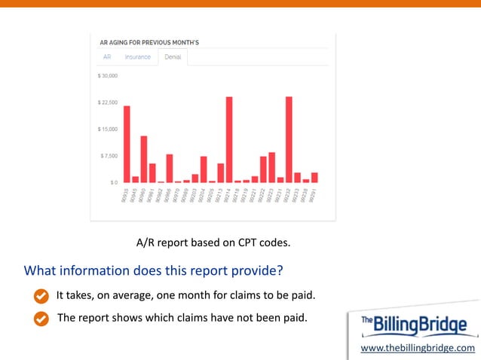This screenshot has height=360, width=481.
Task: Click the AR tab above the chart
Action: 107,57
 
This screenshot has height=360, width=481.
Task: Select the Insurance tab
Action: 137,57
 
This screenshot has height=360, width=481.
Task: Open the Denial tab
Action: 173,57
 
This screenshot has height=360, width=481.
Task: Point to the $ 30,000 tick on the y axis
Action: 107,76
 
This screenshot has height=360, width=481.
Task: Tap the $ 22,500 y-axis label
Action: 107,102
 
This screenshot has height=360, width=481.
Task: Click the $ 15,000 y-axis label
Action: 107,129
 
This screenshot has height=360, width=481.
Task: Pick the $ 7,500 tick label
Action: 109,156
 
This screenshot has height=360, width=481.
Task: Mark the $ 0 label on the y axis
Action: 112,182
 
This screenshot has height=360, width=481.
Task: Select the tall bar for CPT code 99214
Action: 229,139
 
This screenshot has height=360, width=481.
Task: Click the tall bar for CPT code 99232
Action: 289,139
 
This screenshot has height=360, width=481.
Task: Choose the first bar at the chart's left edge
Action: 127,144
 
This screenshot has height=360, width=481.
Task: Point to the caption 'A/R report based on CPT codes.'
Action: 213,243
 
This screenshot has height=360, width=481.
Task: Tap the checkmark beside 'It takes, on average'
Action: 42,294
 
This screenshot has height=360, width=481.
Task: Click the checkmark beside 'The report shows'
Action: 42,318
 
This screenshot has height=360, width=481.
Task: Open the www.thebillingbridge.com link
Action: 418,348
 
